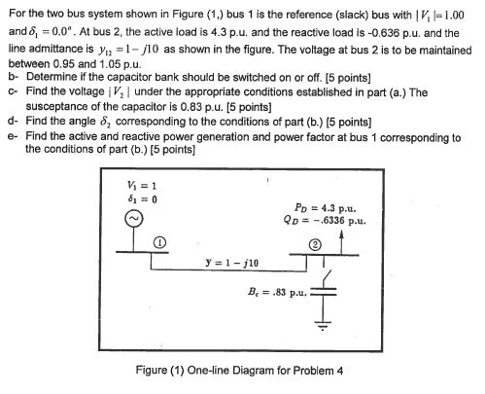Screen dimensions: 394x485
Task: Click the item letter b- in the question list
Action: [13, 75]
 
